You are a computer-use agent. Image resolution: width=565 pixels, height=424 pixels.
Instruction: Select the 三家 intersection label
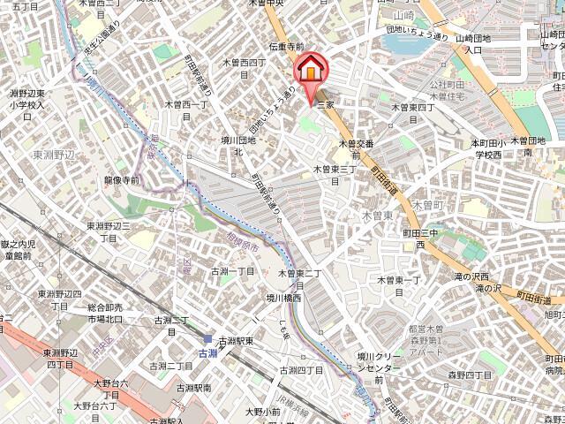click(325, 103)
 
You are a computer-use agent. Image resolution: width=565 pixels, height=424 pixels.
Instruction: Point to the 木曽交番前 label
click(357, 148)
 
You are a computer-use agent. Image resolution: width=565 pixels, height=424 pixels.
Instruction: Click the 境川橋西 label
click(284, 299)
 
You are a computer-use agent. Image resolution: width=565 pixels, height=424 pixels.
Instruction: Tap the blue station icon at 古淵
click(208, 339)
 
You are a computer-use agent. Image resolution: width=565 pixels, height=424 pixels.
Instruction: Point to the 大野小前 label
click(261, 412)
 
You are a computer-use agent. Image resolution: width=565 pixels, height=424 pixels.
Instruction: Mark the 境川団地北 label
click(238, 145)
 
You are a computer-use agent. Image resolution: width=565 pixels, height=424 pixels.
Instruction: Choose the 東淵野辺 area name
click(55, 154)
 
